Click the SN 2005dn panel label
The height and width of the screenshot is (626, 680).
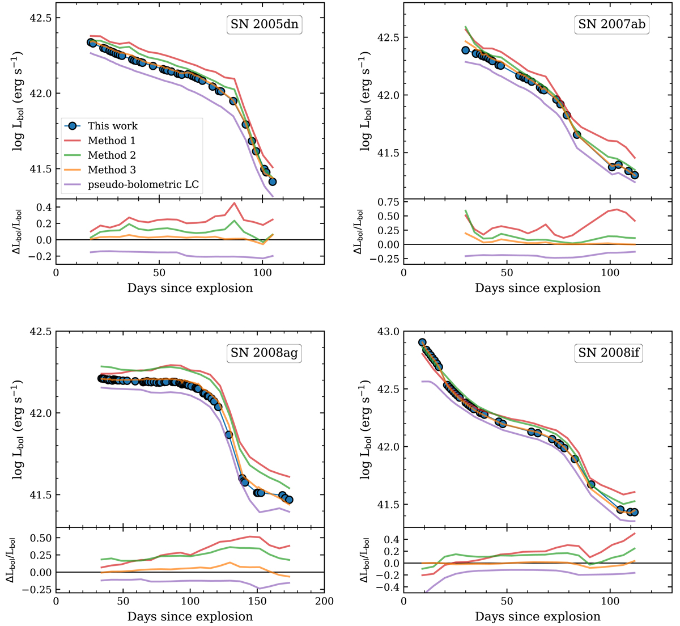pyautogui.click(x=264, y=25)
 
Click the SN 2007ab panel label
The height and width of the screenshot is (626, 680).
pyautogui.click(x=611, y=25)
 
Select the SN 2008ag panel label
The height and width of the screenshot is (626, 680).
pyautogui.click(x=264, y=353)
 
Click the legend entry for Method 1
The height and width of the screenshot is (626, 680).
pyautogui.click(x=112, y=141)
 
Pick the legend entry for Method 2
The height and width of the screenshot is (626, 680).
pyautogui.click(x=112, y=155)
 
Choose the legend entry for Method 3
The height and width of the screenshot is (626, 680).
pyautogui.click(x=112, y=170)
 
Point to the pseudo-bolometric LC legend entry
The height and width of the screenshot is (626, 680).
pyautogui.click(x=133, y=185)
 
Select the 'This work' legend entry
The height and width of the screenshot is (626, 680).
pyautogui.click(x=112, y=126)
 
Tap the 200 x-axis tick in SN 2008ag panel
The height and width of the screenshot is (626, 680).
pyautogui.click(x=324, y=600)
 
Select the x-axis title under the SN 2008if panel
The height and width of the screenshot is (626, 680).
pyautogui.click(x=538, y=616)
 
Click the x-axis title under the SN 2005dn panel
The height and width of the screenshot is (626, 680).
pyautogui.click(x=190, y=288)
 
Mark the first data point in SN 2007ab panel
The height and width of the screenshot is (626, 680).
pyautogui.click(x=466, y=50)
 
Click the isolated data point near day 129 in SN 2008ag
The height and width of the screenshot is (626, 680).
pyautogui.click(x=229, y=435)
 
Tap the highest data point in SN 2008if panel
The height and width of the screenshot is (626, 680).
pyautogui.click(x=422, y=342)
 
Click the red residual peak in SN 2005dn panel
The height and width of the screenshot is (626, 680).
pyautogui.click(x=234, y=203)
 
